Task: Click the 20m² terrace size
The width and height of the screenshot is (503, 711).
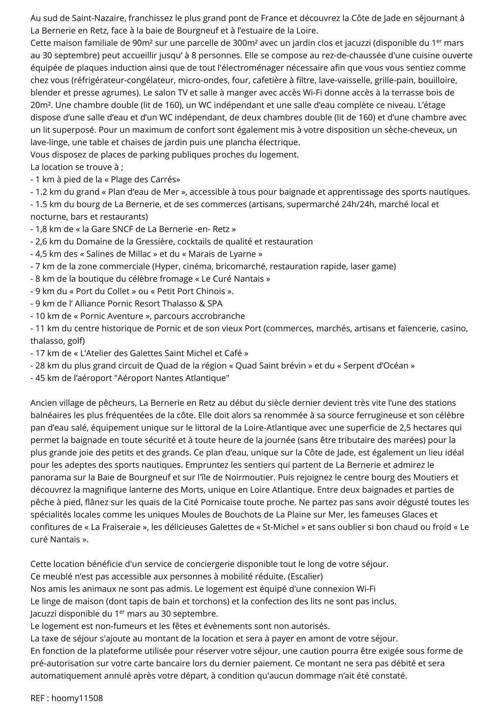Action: click(x=41, y=105)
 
